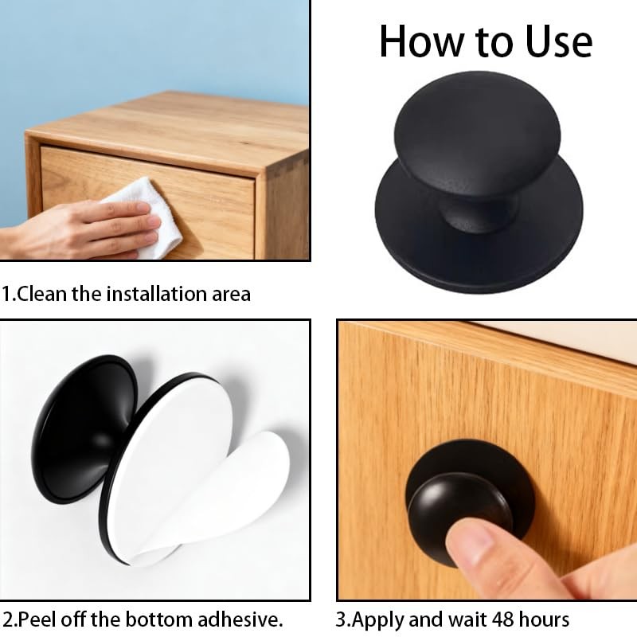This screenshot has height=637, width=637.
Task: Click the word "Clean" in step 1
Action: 42,294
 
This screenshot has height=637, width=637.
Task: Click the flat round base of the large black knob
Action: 479,252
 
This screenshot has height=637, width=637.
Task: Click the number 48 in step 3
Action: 502,620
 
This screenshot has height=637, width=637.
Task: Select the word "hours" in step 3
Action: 544,620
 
